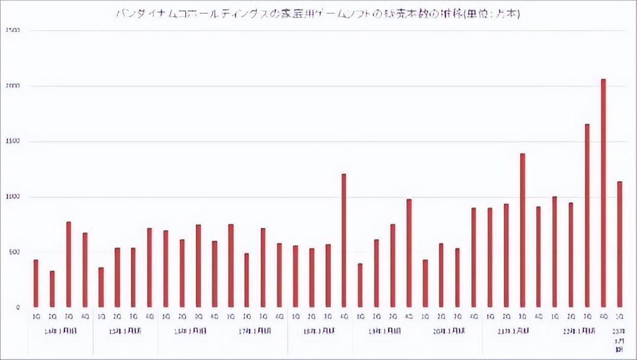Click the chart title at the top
coord(318,14)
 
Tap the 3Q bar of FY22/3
coord(587,215)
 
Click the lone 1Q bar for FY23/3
coord(619,244)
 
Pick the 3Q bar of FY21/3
coord(523,230)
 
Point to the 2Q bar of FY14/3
coord(52,289)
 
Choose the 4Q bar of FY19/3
coord(409,253)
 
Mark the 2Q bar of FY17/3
coord(247,280)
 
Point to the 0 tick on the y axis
coord(18,307)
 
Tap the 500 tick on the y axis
coord(15,253)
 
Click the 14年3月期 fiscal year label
coord(60,331)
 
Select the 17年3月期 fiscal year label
coord(255,331)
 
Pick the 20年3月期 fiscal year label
coord(449,331)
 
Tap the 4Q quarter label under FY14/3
coord(84,317)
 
